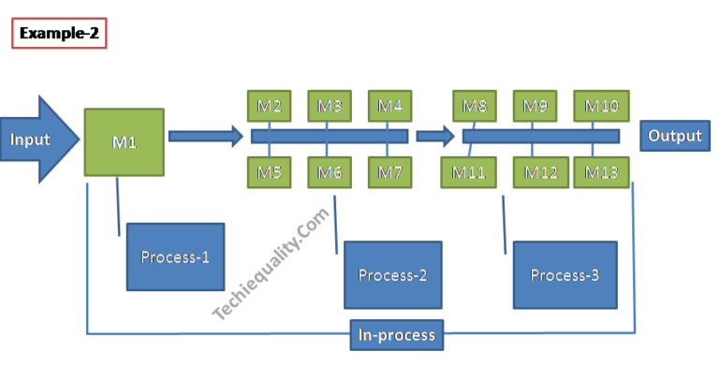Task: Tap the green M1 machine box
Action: [125, 142]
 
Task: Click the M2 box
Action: [270, 106]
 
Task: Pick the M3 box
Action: [329, 106]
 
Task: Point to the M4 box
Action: [390, 106]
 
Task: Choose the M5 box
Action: [270, 171]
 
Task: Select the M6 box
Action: [329, 171]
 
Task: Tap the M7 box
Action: [390, 171]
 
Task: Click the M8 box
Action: [477, 106]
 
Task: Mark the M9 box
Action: [536, 106]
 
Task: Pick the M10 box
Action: [601, 106]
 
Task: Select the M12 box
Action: [541, 172]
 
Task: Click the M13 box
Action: [601, 172]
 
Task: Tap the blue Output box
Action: [674, 136]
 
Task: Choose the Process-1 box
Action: [175, 256]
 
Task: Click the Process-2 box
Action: [392, 275]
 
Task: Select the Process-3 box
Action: [565, 274]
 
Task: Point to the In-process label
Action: [397, 334]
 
